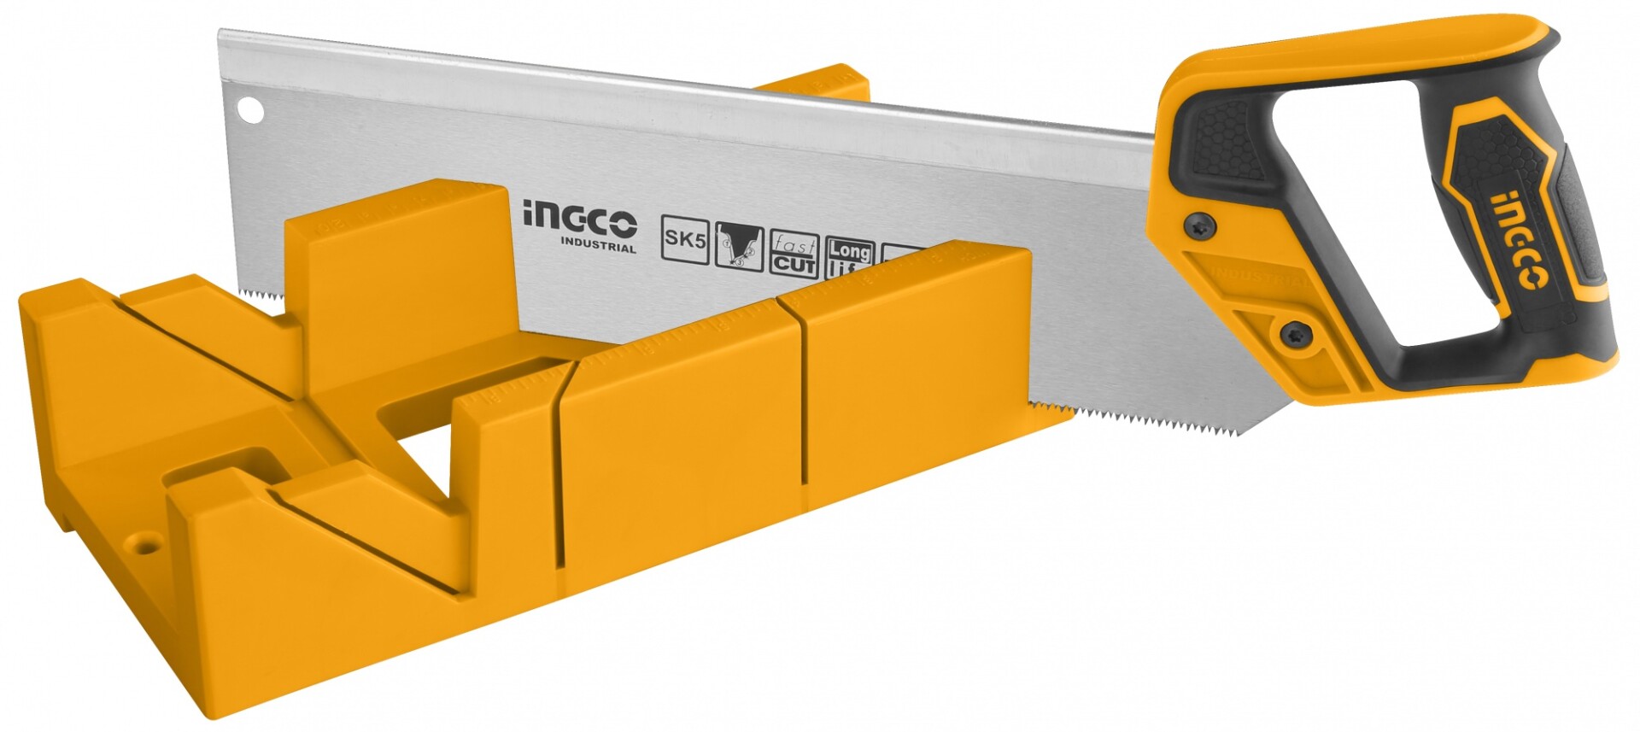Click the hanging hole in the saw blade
pos(249,108)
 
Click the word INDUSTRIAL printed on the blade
pos(598,249)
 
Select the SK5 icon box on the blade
pos(685,240)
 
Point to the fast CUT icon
pos(794,255)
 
